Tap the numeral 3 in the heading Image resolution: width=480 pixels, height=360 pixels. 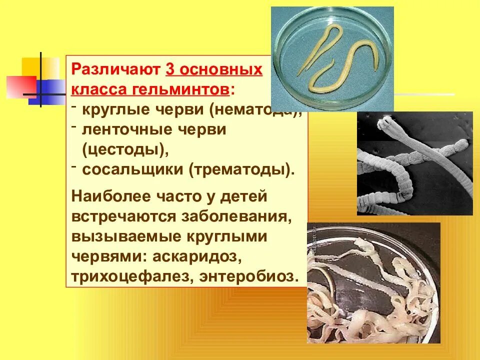(169, 69)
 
